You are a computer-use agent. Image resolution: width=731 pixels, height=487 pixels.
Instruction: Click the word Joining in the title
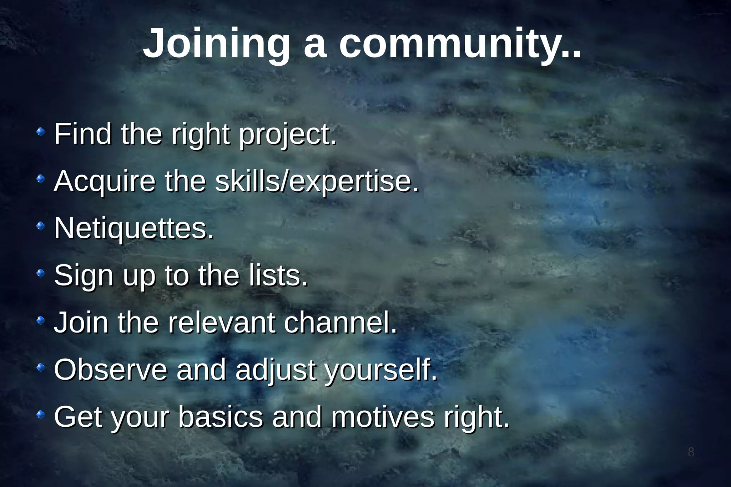(216, 44)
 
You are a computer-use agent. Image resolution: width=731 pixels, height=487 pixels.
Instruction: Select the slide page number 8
(691, 452)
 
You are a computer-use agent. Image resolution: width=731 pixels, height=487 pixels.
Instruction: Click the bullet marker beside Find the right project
(41, 132)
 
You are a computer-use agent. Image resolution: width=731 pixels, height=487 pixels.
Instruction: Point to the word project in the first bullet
(288, 135)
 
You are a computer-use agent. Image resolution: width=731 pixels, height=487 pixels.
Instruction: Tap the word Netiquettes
(134, 228)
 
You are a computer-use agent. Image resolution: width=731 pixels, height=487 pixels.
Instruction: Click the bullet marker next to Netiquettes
(41, 226)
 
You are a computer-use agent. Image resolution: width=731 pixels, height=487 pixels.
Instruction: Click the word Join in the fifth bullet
(81, 322)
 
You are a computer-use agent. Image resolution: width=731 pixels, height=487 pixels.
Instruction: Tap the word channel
(341, 322)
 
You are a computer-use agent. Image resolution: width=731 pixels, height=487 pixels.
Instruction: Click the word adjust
(275, 370)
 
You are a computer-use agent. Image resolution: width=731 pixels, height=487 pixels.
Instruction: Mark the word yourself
(380, 370)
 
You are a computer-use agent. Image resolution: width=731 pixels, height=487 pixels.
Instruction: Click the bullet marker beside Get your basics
(41, 415)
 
